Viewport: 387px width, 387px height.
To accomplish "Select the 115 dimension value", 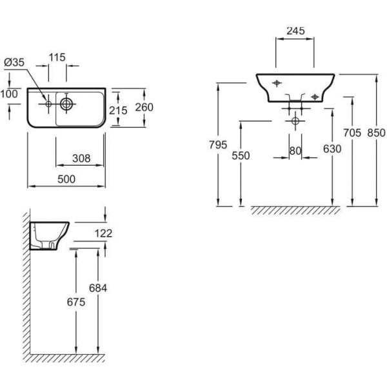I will click(x=57, y=57).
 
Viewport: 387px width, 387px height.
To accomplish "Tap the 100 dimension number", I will click(x=10, y=94).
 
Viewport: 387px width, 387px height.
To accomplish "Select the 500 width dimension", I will click(x=66, y=177).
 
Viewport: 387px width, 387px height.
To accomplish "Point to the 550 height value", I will click(x=240, y=155).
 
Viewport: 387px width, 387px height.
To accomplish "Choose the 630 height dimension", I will click(x=332, y=149).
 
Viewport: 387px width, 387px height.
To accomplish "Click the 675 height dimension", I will click(x=77, y=301).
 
